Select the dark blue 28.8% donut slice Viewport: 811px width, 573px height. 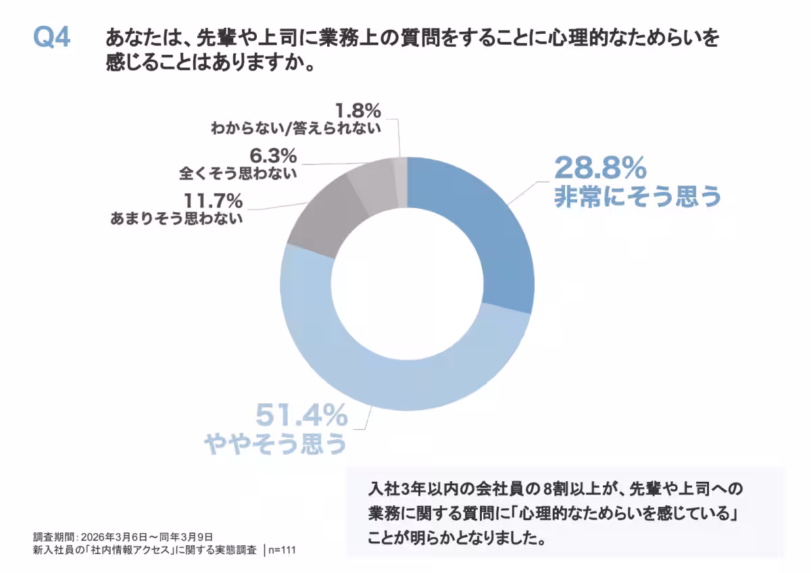click(x=479, y=229)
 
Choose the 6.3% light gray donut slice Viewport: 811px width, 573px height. click(x=372, y=182)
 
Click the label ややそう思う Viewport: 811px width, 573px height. click(x=275, y=443)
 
